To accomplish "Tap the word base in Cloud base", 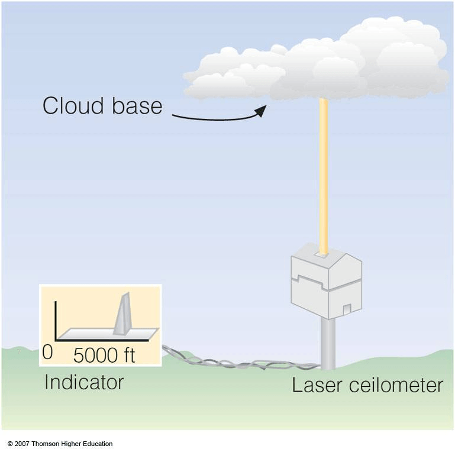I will tap(136, 106).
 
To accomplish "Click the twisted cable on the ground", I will tap(237, 361).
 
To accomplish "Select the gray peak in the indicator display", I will tap(122, 314).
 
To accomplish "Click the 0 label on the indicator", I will tap(48, 353).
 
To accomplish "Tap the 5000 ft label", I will tap(104, 355).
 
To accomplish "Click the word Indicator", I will tap(84, 382).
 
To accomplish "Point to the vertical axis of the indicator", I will tap(56, 319).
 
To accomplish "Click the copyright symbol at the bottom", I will tap(10, 444).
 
